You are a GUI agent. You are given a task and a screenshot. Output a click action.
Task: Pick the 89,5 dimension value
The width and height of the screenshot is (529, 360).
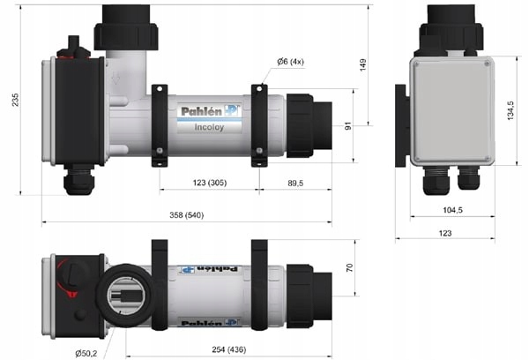coord(295,183)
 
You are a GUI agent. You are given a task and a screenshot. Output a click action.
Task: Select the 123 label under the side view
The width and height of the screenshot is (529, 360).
coord(444,232)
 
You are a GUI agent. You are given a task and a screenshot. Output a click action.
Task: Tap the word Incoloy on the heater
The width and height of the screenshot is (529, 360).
coord(206,126)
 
